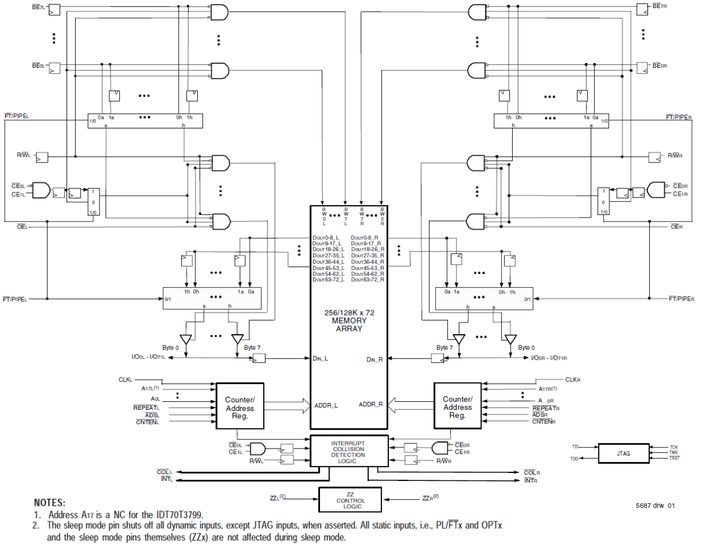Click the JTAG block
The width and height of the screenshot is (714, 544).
pyautogui.click(x=624, y=454)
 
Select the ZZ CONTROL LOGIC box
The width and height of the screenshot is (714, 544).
pyautogui.click(x=350, y=500)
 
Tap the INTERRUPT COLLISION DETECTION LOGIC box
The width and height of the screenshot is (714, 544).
pyautogui.click(x=348, y=452)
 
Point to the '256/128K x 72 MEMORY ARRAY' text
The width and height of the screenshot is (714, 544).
pyautogui.click(x=349, y=321)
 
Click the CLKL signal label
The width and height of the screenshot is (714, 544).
pyautogui.click(x=126, y=380)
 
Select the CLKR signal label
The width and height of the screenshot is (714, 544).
pyautogui.click(x=572, y=380)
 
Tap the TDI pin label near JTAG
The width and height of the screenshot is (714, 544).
pyautogui.click(x=575, y=447)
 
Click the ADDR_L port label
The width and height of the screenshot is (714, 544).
pyautogui.click(x=326, y=405)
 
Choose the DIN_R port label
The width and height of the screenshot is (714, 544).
pyautogui.click(x=375, y=359)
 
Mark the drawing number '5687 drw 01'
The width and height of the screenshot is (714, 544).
pyautogui.click(x=655, y=505)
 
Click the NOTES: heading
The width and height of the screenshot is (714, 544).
pyautogui.click(x=49, y=503)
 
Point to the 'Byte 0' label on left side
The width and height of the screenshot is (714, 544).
pyautogui.click(x=170, y=347)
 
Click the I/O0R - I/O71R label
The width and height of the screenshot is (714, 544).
pyautogui.click(x=549, y=358)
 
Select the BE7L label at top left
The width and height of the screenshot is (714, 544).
pyautogui.click(x=38, y=7)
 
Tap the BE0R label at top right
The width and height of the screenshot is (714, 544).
pyautogui.click(x=659, y=66)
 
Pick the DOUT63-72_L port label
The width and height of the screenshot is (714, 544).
pyautogui.click(x=328, y=280)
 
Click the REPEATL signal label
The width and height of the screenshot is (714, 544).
pyautogui.click(x=146, y=408)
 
